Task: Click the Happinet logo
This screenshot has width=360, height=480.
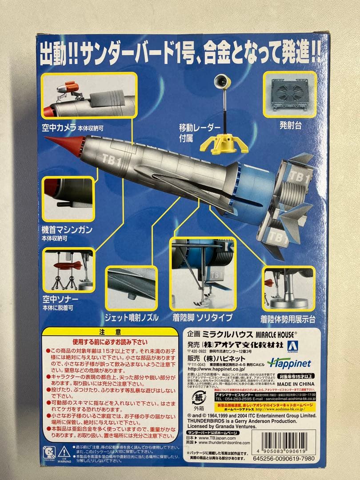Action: click(289, 363)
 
